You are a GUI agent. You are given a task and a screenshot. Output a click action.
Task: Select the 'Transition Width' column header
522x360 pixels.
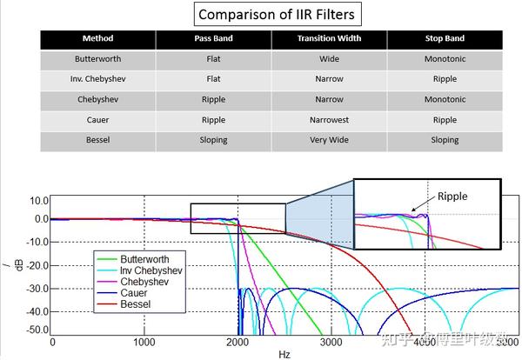pos(329,39)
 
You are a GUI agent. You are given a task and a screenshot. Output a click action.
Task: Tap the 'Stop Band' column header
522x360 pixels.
pos(445,39)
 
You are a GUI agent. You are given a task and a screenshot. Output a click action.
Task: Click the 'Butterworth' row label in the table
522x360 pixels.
pos(97,59)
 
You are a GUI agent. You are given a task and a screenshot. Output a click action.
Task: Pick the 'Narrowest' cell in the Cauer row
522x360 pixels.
pos(329,120)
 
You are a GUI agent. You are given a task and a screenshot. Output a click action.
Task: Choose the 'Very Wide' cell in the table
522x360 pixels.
pos(329,140)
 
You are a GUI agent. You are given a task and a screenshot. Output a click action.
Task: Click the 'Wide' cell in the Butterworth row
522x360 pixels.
pos(329,59)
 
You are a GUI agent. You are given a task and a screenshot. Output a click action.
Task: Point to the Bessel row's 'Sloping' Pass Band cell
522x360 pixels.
pos(213,140)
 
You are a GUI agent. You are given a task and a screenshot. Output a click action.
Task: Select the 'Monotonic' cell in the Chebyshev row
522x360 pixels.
pos(445,99)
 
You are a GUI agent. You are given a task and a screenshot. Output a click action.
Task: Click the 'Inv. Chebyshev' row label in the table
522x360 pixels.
pos(97,79)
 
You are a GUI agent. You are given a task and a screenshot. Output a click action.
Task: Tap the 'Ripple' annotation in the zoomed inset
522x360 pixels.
pos(452,197)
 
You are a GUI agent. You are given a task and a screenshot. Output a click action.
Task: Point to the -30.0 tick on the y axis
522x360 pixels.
pos(36,288)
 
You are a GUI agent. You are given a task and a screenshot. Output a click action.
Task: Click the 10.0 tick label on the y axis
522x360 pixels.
pos(37,200)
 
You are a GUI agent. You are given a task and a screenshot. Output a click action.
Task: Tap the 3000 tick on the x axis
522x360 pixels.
pos(330,343)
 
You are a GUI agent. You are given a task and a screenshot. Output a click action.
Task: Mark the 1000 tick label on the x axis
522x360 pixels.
pos(144,343)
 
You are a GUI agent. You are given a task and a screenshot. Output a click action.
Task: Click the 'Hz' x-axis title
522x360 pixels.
pos(284,355)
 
